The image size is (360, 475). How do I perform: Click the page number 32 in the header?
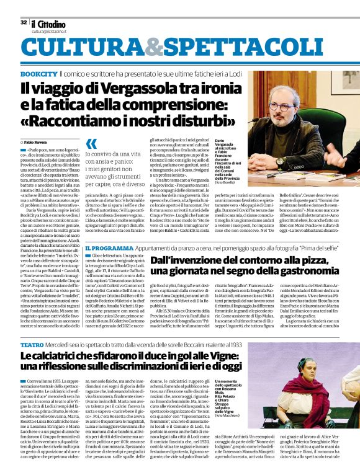[x=24, y=22]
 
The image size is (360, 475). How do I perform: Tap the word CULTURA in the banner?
[x=84, y=48]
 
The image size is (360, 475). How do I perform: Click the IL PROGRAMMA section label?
[x=108, y=247]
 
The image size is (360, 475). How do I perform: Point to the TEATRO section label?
[x=32, y=344]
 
